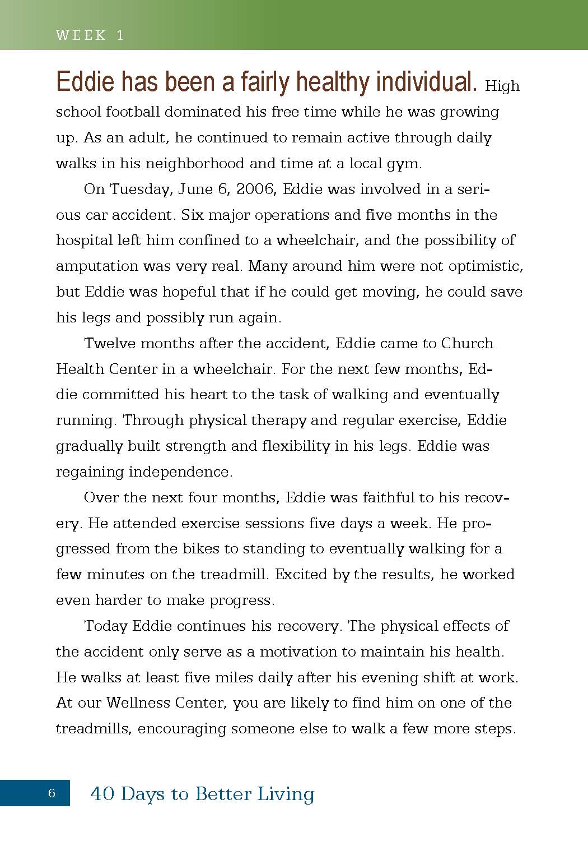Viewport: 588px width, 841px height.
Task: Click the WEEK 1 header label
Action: pyautogui.click(x=90, y=35)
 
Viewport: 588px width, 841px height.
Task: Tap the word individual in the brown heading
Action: pyautogui.click(x=426, y=82)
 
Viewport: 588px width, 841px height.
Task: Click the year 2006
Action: pyautogui.click(x=255, y=190)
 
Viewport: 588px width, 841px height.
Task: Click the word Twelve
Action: pyautogui.click(x=109, y=343)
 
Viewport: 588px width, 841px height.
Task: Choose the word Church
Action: pyautogui.click(x=467, y=343)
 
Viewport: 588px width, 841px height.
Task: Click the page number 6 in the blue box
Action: pyautogui.click(x=52, y=793)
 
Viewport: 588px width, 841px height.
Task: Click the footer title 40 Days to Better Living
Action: pyautogui.click(x=202, y=793)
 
